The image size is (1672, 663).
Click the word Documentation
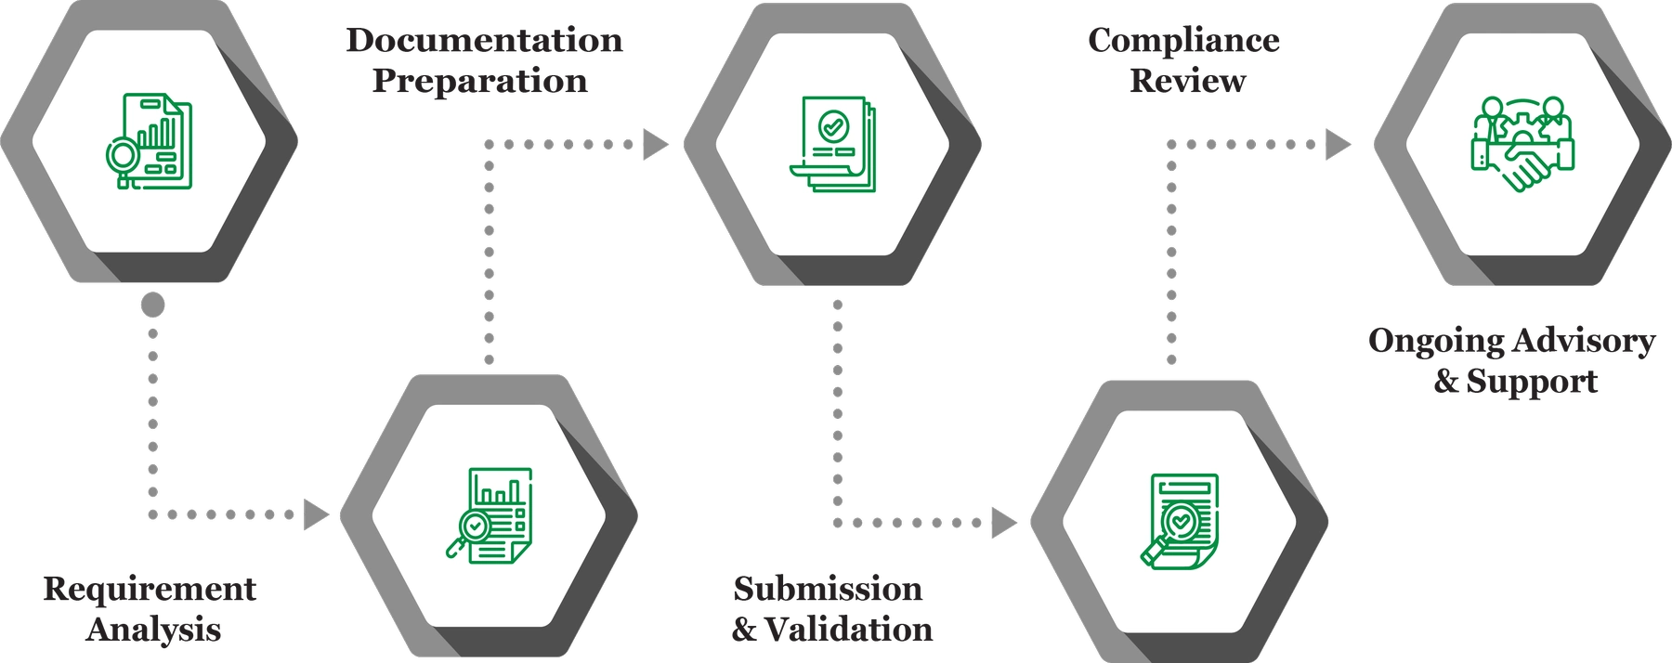(x=483, y=40)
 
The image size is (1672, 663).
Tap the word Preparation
(x=480, y=81)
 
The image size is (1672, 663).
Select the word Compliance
(x=1183, y=40)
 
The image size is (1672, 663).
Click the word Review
(x=1188, y=81)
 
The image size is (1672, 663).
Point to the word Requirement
(x=150, y=589)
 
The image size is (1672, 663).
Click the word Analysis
(x=153, y=630)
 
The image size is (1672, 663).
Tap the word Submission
(x=828, y=589)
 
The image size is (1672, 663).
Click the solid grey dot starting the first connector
(x=153, y=305)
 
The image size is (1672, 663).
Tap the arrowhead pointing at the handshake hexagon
(x=1338, y=144)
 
